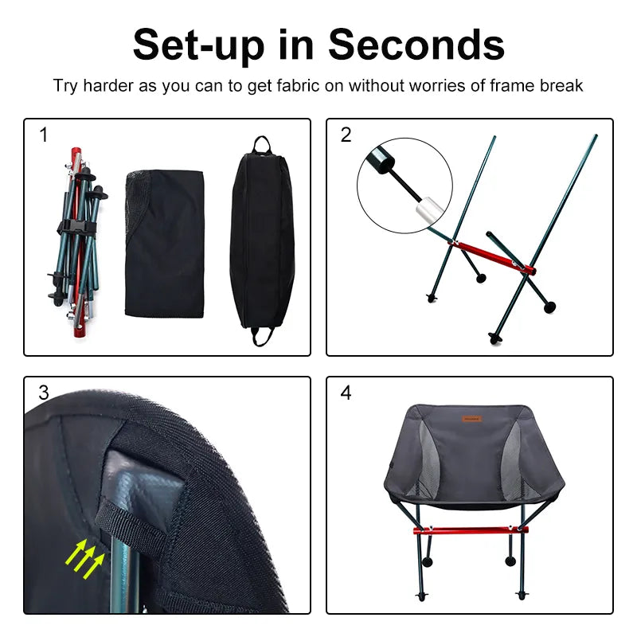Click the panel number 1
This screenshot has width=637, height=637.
(x=43, y=135)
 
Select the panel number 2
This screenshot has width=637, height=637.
(x=346, y=135)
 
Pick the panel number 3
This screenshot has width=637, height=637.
(x=43, y=393)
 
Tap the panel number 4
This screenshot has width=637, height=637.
(x=346, y=393)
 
